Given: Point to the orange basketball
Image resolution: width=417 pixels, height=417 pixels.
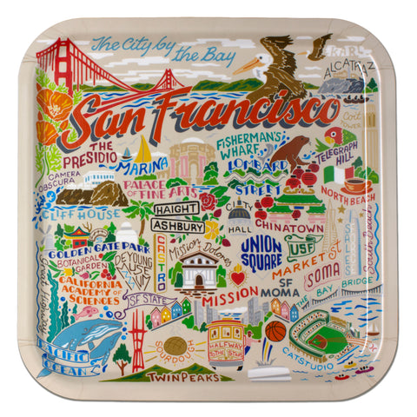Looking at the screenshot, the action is tap(275, 331).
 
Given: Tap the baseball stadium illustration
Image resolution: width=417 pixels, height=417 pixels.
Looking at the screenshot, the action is tap(321, 334).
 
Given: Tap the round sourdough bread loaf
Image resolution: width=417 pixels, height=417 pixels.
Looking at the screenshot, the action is tap(174, 344).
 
